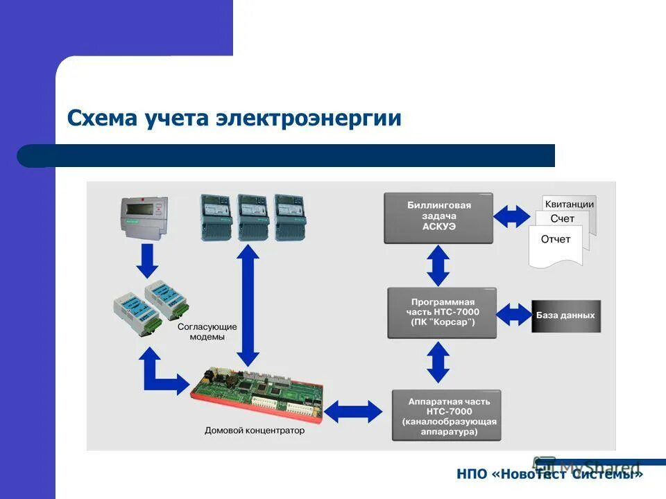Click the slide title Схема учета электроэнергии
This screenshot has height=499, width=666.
tap(234, 118)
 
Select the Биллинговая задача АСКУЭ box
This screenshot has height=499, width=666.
tap(438, 218)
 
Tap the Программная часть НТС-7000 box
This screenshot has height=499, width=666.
tap(442, 313)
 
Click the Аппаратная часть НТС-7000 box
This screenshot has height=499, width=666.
tap(445, 416)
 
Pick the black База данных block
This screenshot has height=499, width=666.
tap(566, 315)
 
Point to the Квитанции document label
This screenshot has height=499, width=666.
tap(569, 204)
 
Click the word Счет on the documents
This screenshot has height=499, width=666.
tap(562, 219)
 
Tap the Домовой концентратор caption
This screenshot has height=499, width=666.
tap(255, 430)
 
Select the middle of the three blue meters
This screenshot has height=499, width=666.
tap(253, 216)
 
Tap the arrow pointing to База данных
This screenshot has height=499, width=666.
tap(514, 315)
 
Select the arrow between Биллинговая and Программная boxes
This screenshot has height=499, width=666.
tap(438, 265)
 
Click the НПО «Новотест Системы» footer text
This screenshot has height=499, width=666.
tap(549, 474)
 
